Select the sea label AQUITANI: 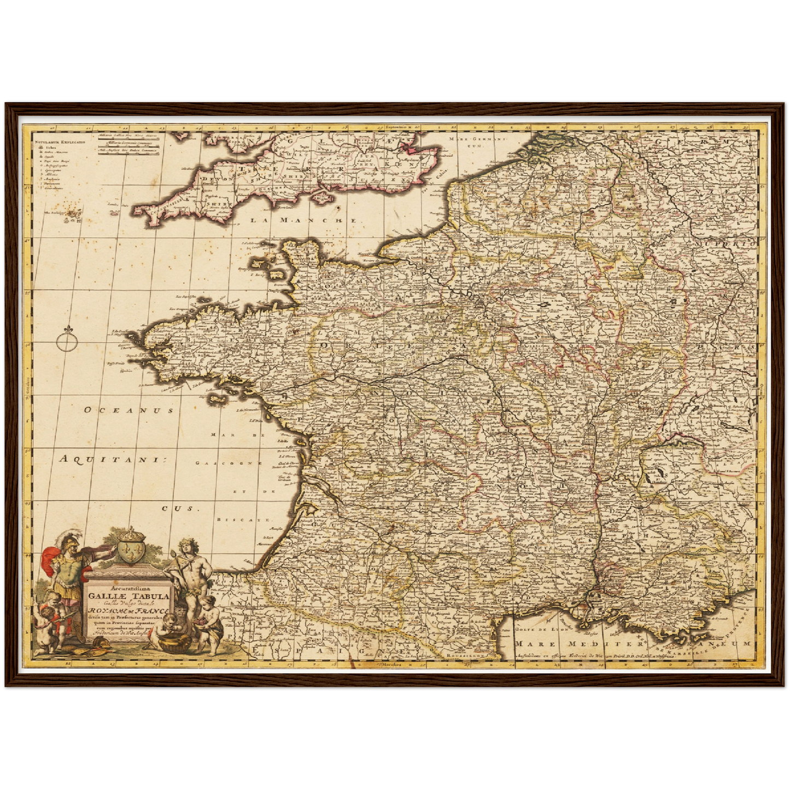click(x=112, y=460)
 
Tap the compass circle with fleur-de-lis click(x=65, y=343)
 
